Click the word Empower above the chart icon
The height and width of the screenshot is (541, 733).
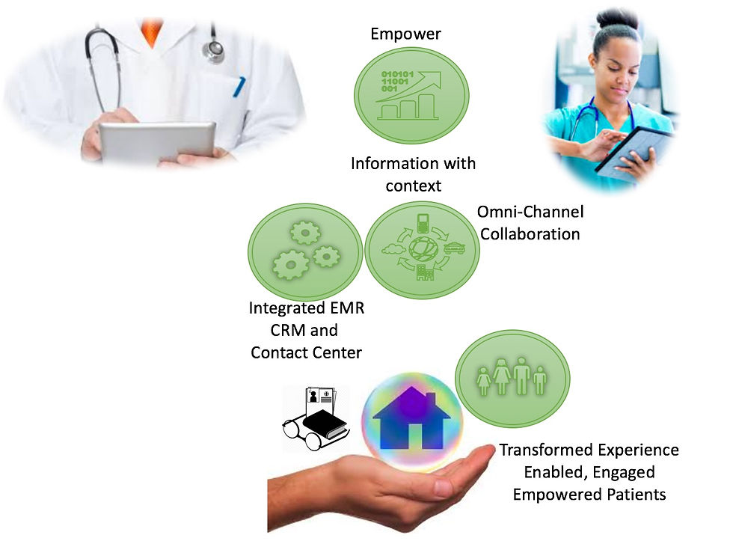(405, 34)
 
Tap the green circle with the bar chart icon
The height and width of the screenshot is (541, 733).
(411, 95)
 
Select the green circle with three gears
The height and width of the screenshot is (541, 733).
(305, 251)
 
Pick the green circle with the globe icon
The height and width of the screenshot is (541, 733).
(422, 250)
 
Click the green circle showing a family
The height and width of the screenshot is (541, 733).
(512, 379)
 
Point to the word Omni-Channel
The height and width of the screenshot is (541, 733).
(530, 212)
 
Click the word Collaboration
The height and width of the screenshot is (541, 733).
(530, 233)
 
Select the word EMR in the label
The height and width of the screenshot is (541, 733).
(347, 308)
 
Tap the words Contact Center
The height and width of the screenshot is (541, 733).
(306, 352)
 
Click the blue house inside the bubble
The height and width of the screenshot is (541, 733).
(411, 418)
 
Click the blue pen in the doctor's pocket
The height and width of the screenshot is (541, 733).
(239, 87)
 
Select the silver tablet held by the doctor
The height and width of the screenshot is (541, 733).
(158, 142)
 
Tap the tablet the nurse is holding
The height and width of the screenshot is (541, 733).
(635, 150)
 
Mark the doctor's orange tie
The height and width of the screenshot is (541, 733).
(152, 31)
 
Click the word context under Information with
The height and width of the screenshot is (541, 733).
(413, 186)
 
